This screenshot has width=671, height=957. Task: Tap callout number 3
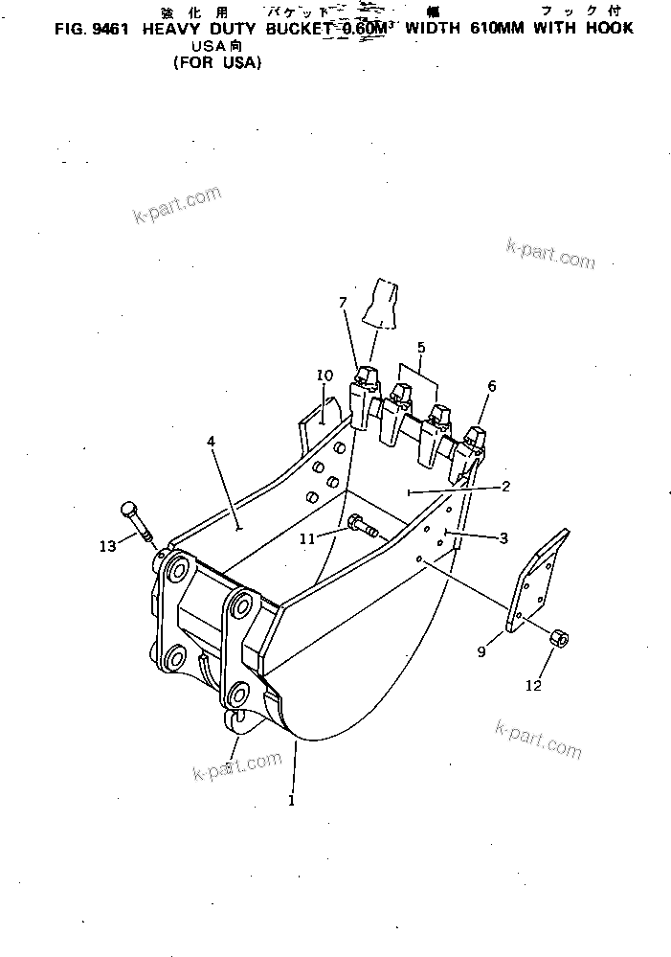point(503,538)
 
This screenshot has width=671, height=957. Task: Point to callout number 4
point(211,441)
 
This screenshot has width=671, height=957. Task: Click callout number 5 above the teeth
point(420,348)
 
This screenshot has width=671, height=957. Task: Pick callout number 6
point(492,386)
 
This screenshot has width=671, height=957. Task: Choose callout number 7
point(343,304)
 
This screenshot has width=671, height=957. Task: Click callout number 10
point(324,376)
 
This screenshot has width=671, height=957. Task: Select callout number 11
point(307,539)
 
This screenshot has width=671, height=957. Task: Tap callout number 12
point(533,685)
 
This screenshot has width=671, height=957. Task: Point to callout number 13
point(108,546)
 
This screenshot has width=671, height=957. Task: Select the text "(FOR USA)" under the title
point(217,63)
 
